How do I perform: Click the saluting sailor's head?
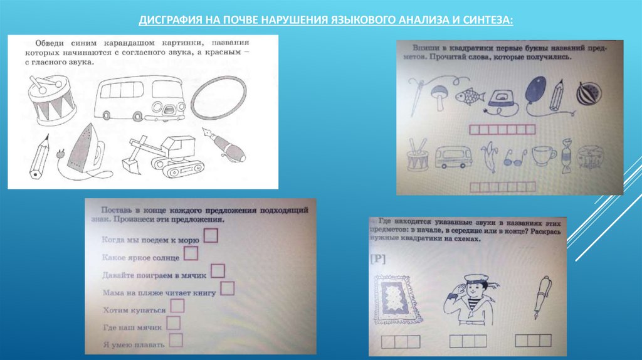(x=471, y=282)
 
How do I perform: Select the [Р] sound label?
(x=378, y=259)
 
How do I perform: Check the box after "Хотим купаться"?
(x=177, y=306)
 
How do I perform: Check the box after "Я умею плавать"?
(x=176, y=341)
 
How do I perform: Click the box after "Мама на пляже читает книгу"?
(x=228, y=289)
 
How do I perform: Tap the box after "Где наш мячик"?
(x=174, y=324)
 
